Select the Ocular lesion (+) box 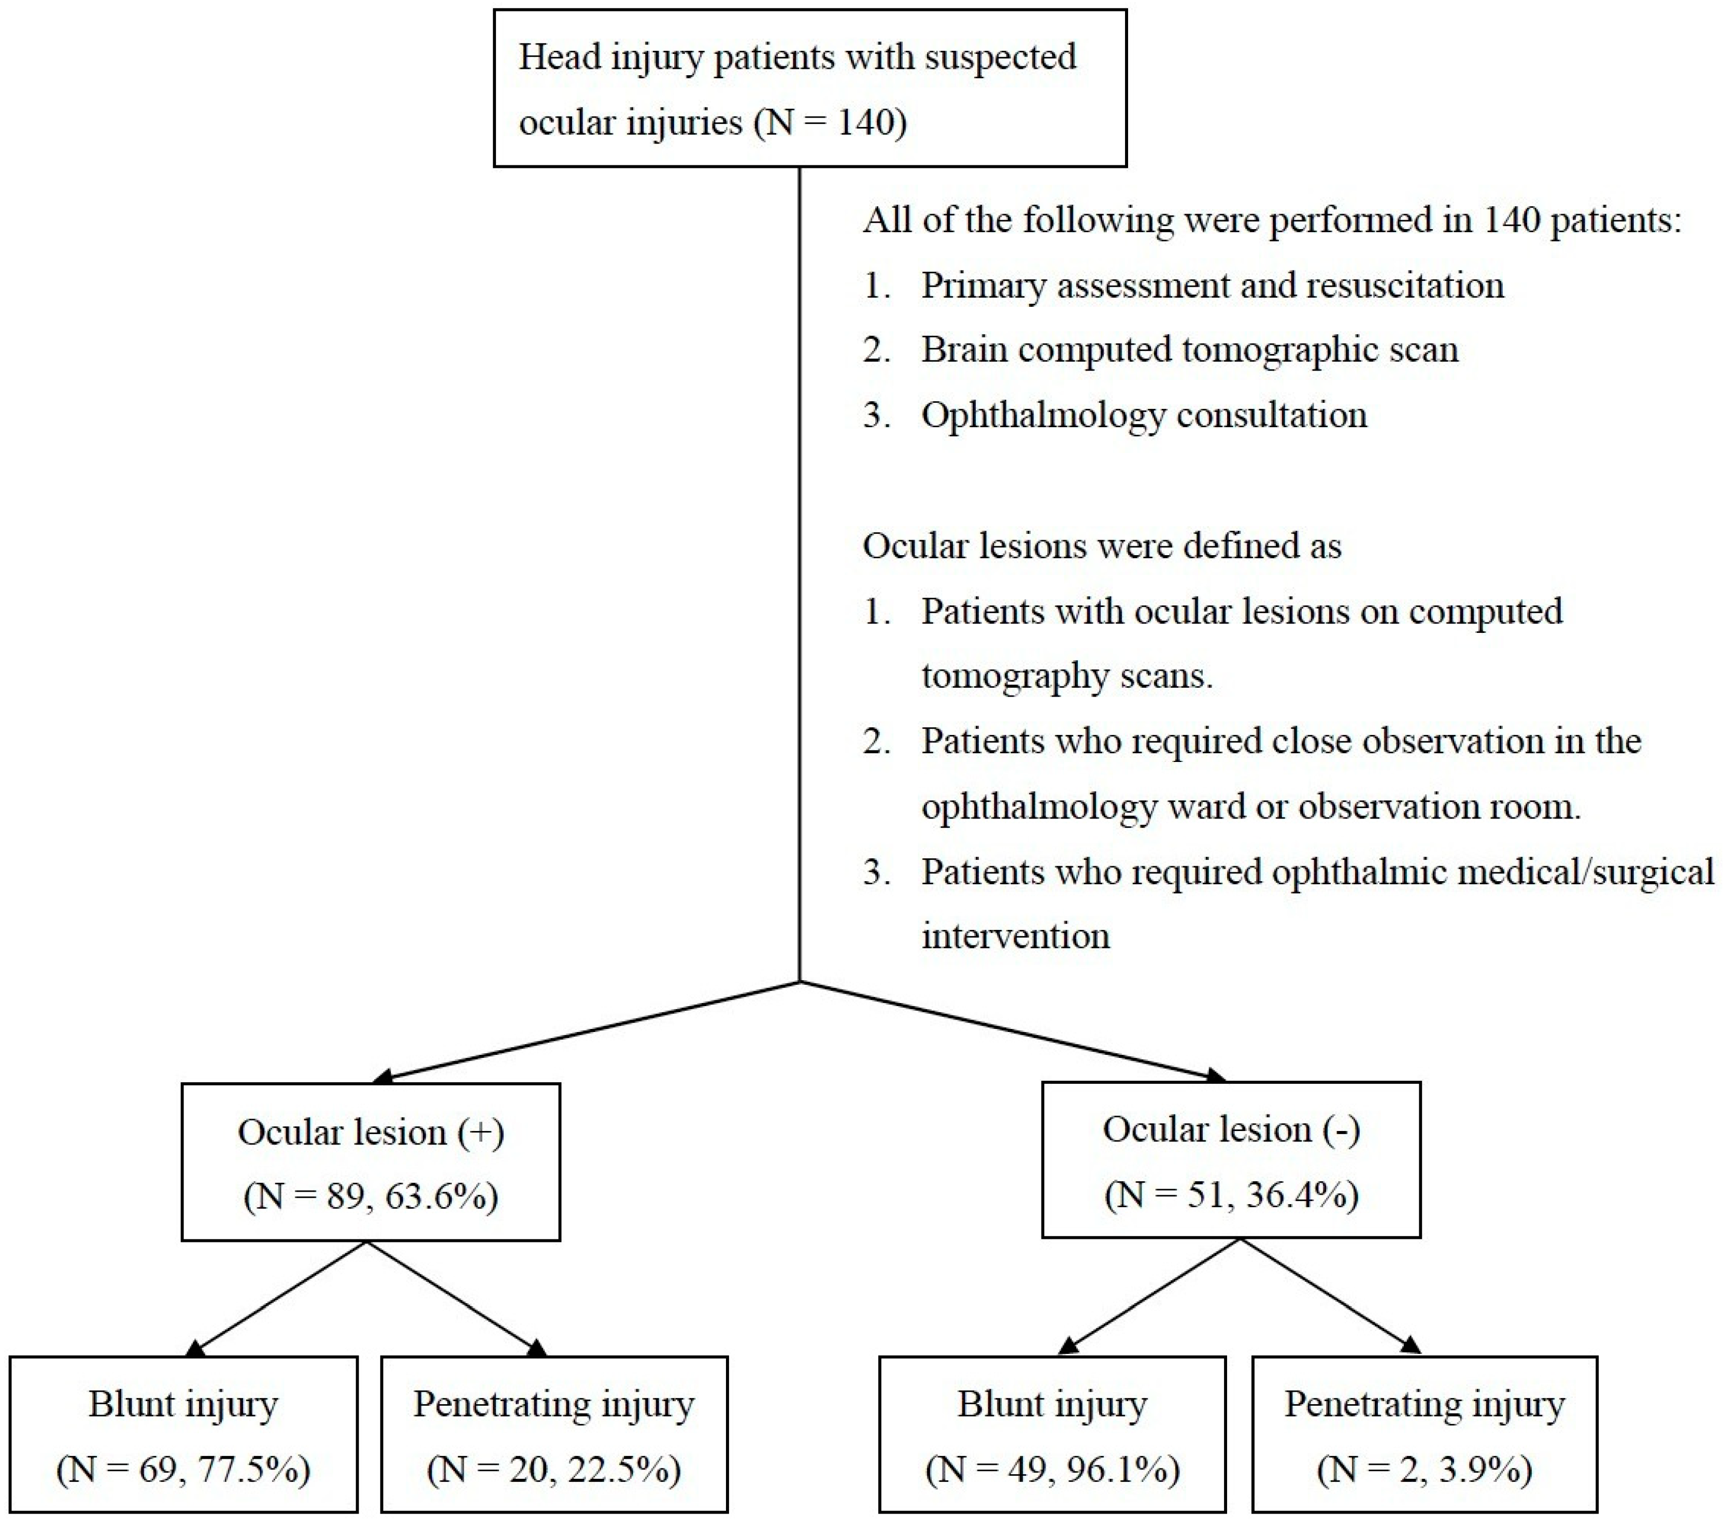point(371,1162)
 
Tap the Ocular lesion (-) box point(1231,1160)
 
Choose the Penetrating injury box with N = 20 point(554,1434)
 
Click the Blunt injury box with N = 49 point(1052,1434)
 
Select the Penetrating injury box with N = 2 point(1424,1434)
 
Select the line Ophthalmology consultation point(1143,415)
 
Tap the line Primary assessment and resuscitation point(1212,285)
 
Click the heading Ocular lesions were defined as point(1101,545)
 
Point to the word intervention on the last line point(1015,936)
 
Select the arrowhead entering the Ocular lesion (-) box point(1216,1075)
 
